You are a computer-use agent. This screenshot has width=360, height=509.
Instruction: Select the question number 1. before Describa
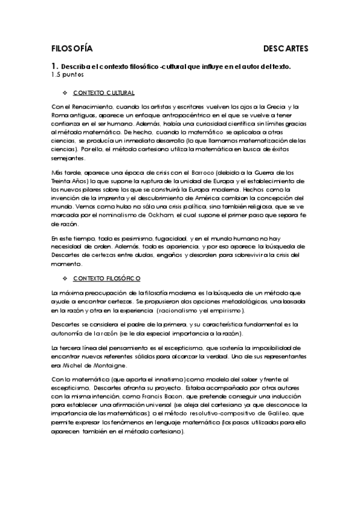pos(55,67)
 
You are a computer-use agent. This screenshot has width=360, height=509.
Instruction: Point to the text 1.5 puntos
pos(67,76)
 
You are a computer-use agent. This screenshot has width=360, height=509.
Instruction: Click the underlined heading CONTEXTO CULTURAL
pos(104,93)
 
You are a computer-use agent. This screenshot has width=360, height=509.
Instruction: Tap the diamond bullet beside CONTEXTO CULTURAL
pos(65,93)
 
